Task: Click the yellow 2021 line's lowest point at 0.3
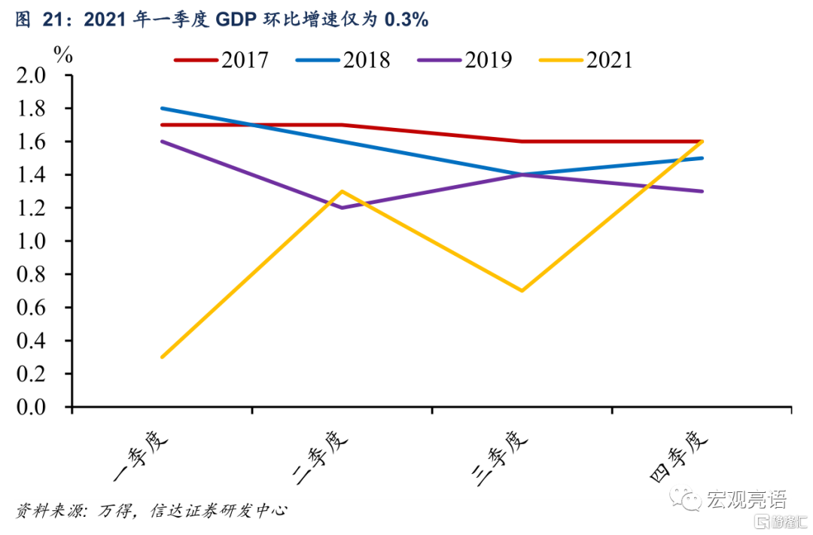tap(162, 357)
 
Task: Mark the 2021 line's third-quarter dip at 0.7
tap(522, 290)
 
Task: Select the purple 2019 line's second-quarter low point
tap(343, 208)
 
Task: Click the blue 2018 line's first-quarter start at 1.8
tap(162, 108)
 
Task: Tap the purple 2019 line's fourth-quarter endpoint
tap(702, 191)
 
